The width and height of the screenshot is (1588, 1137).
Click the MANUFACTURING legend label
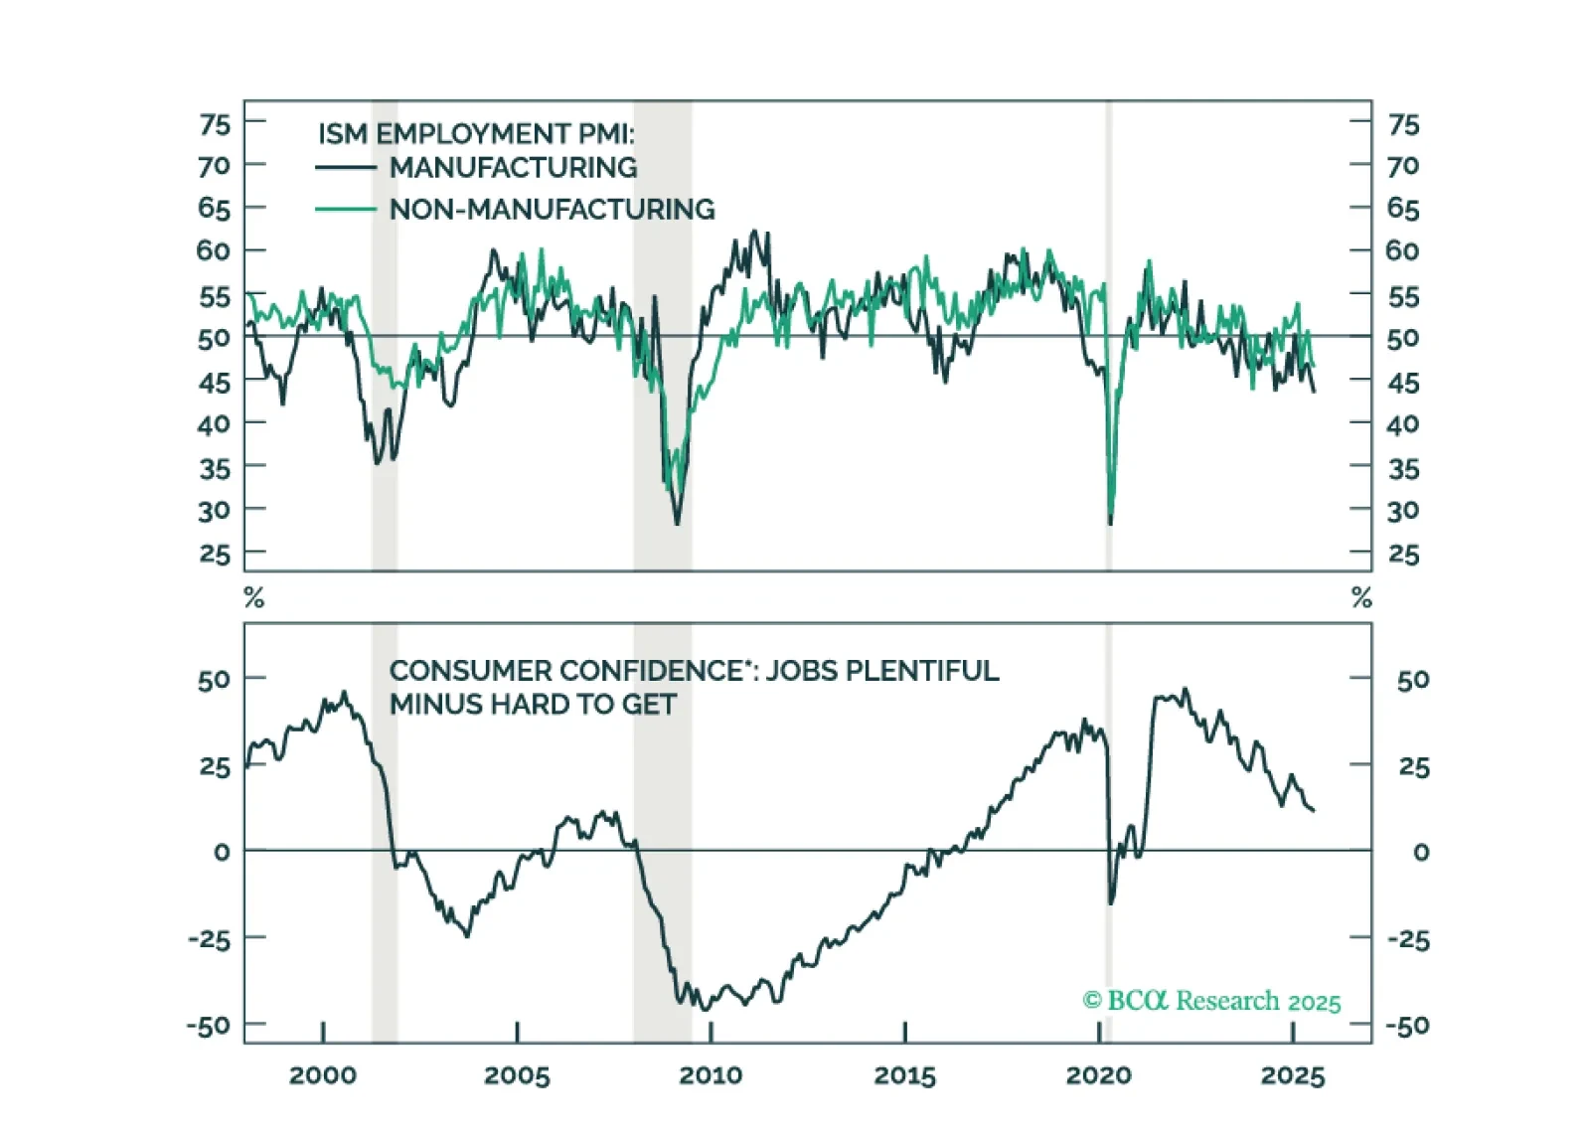pyautogui.click(x=513, y=167)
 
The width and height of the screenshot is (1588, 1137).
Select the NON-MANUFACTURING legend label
pyautogui.click(x=552, y=209)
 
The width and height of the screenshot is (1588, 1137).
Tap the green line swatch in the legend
pyautogui.click(x=345, y=209)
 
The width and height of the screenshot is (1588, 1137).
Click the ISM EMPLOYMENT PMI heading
pyautogui.click(x=475, y=133)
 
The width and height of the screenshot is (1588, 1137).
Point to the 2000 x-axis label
pyautogui.click(x=323, y=1075)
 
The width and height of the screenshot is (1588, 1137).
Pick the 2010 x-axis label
pyautogui.click(x=711, y=1075)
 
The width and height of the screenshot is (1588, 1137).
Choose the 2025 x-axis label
pyautogui.click(x=1293, y=1075)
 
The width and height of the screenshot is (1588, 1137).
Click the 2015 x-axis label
pyautogui.click(x=904, y=1075)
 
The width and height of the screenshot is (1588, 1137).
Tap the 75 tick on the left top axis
pyautogui.click(x=215, y=124)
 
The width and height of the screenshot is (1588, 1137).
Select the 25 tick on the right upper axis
pyautogui.click(x=1403, y=554)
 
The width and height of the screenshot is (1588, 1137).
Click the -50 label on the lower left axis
pyautogui.click(x=209, y=1025)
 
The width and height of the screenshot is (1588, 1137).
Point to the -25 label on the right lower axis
pyautogui.click(x=1408, y=939)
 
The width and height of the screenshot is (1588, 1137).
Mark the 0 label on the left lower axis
pyautogui.click(x=222, y=852)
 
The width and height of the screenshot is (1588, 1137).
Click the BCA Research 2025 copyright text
pyautogui.click(x=1211, y=1001)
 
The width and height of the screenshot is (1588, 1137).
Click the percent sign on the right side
pyautogui.click(x=1361, y=597)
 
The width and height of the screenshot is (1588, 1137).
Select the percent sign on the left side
pyautogui.click(x=254, y=597)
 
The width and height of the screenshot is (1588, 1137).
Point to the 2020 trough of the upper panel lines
pyautogui.click(x=1110, y=522)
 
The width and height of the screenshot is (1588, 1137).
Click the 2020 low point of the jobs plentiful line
pyautogui.click(x=1111, y=902)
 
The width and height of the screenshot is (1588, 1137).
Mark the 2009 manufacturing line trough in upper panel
pyautogui.click(x=678, y=524)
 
